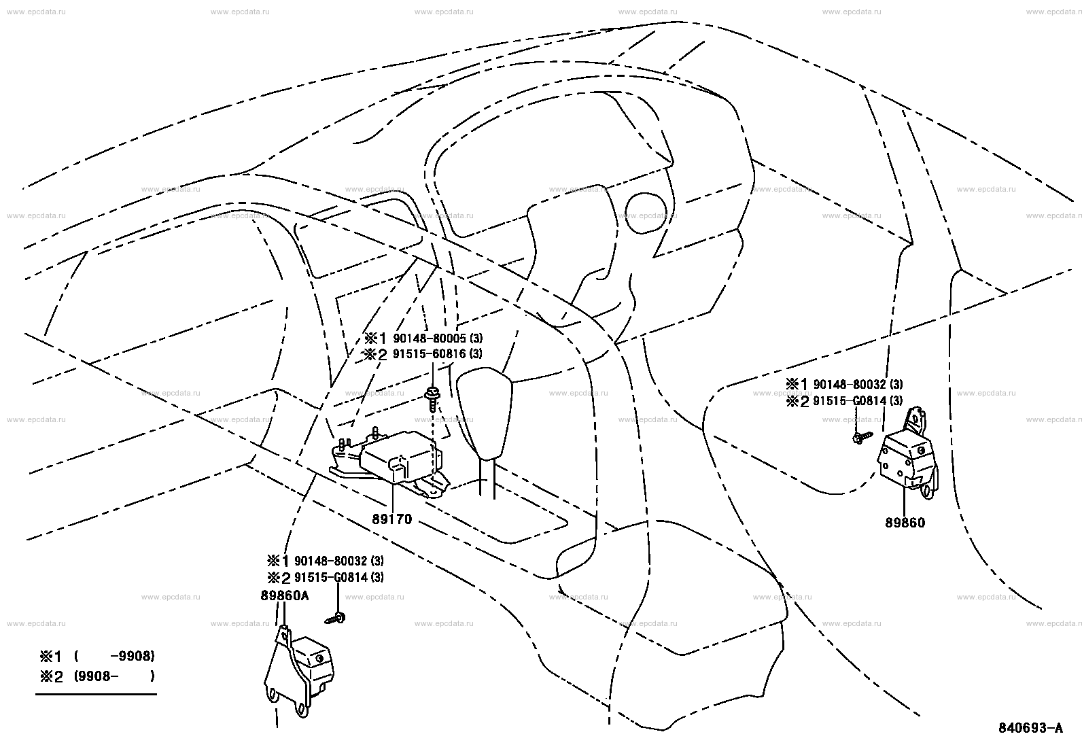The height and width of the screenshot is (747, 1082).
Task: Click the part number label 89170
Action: click(x=392, y=520)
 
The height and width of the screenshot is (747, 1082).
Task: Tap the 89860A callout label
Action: click(x=284, y=595)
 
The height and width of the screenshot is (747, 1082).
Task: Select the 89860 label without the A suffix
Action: click(x=905, y=523)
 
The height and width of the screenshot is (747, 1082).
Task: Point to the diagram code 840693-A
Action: click(x=1030, y=728)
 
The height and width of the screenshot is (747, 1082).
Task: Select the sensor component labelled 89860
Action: click(x=907, y=457)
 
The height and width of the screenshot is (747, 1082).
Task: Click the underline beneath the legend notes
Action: click(x=96, y=694)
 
